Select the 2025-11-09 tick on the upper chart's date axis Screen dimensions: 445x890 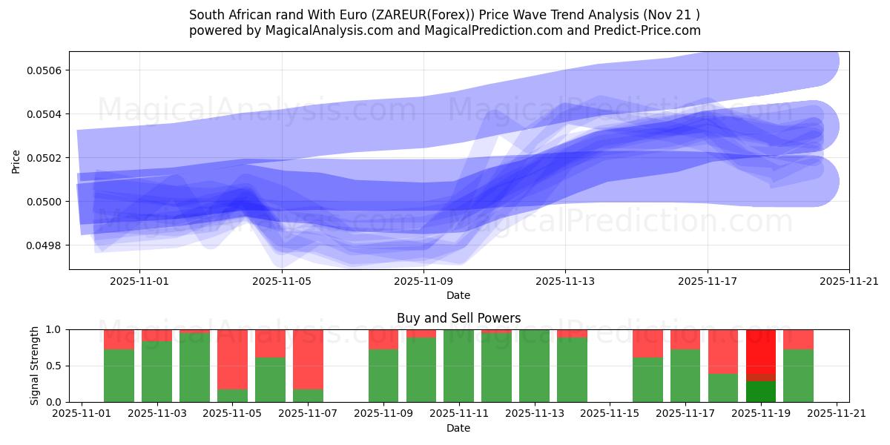(423, 282)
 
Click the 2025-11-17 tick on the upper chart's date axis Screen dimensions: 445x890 (707, 282)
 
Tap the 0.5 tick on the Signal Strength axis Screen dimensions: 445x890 (55, 366)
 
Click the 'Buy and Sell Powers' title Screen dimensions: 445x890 (458, 318)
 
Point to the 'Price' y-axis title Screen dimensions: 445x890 (16, 160)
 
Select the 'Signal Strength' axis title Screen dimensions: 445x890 (35, 366)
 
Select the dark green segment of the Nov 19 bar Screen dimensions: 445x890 (760, 392)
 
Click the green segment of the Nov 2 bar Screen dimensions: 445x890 (119, 376)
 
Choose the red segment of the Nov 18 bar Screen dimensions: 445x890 (723, 352)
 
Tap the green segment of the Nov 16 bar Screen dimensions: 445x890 (647, 380)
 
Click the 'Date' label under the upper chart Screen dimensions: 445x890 (458, 295)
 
